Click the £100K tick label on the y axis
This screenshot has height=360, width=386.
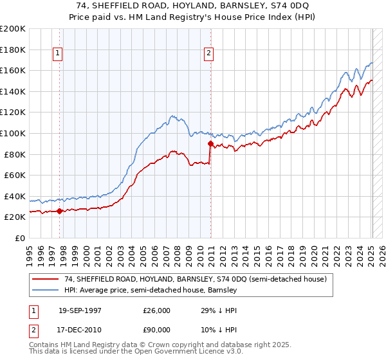(13, 133)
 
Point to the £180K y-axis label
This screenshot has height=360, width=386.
(13, 50)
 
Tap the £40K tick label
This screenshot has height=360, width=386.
(15, 196)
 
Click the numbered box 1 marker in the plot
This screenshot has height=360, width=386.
(59, 54)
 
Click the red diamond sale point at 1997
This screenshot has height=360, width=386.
(60, 211)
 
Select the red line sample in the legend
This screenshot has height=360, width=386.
(46, 279)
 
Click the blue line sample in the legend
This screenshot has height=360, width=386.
(46, 290)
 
